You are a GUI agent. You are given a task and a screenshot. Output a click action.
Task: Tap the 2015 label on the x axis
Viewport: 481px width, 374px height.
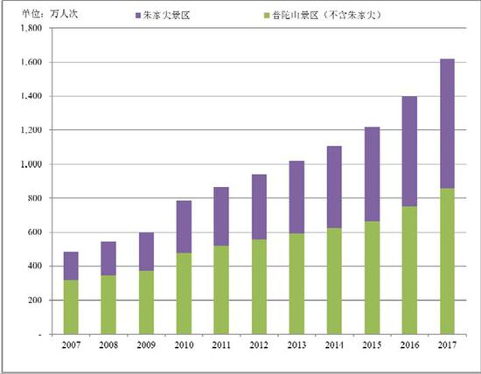(372, 346)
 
